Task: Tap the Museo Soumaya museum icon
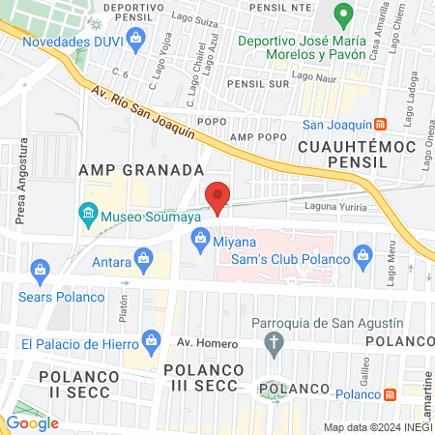[x=88, y=212]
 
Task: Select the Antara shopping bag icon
[x=144, y=257]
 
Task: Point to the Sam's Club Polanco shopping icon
[x=363, y=255]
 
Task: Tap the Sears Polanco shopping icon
[x=41, y=268]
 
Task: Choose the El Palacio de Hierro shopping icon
[x=151, y=339]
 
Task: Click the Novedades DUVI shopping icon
[x=135, y=38]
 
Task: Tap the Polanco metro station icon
[x=391, y=394]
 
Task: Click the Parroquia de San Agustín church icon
[x=275, y=341]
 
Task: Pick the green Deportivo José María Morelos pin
[x=342, y=15]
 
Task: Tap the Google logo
[x=33, y=422]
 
